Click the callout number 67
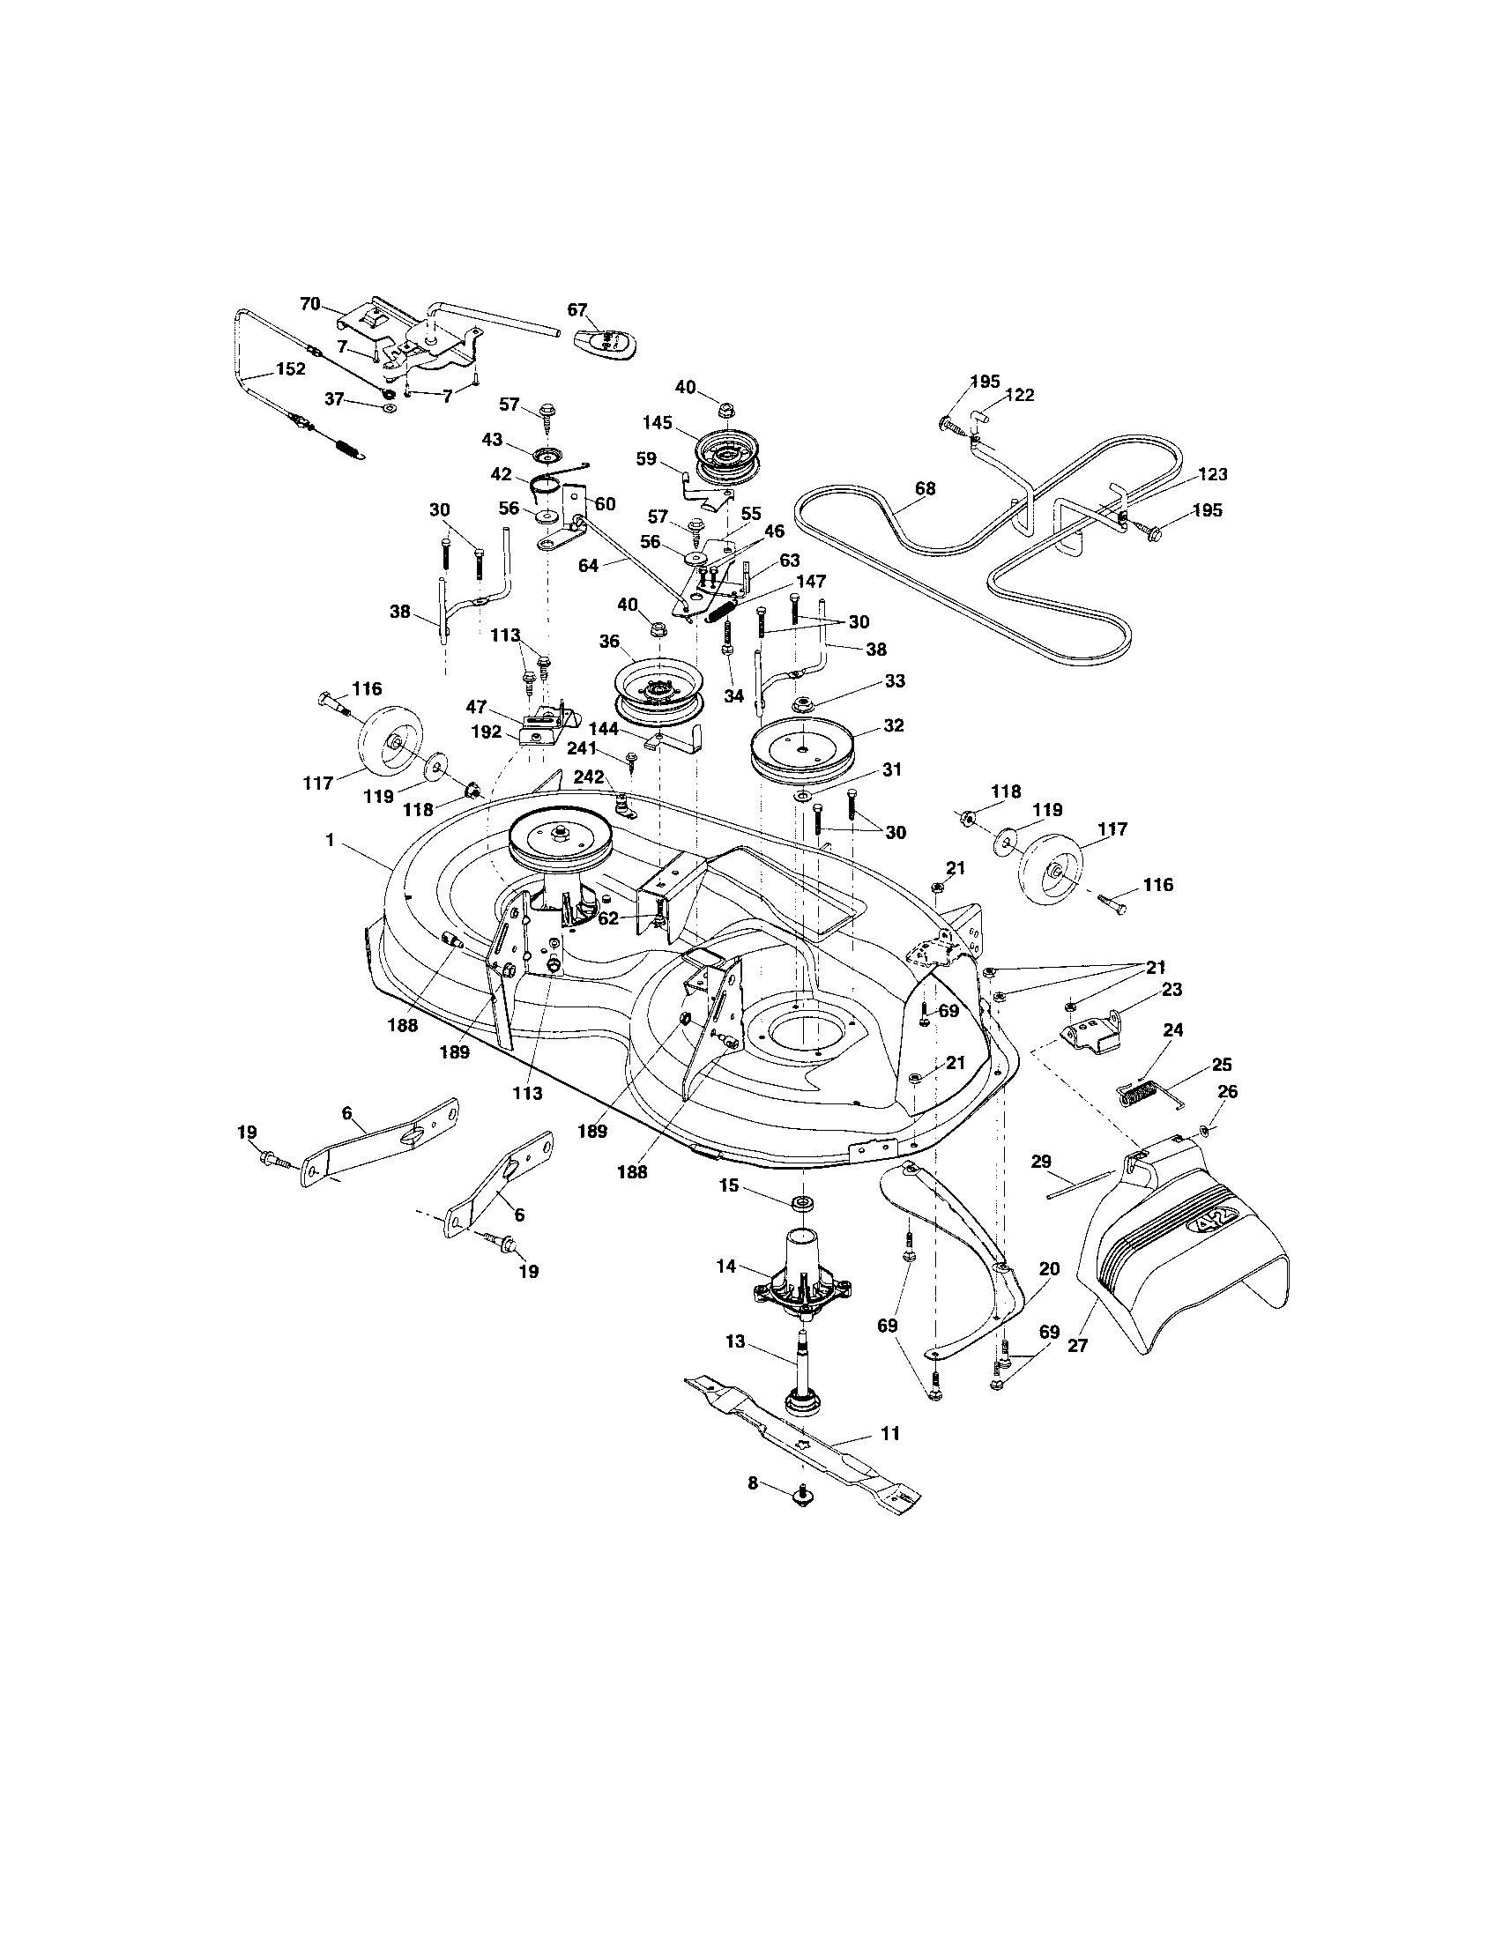click(577, 309)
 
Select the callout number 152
click(290, 368)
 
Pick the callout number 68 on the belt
click(925, 488)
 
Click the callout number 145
click(658, 423)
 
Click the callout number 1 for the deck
click(330, 839)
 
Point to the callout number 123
click(1212, 474)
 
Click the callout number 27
click(1078, 1346)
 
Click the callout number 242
click(588, 776)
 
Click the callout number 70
click(309, 304)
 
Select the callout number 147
click(812, 582)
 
